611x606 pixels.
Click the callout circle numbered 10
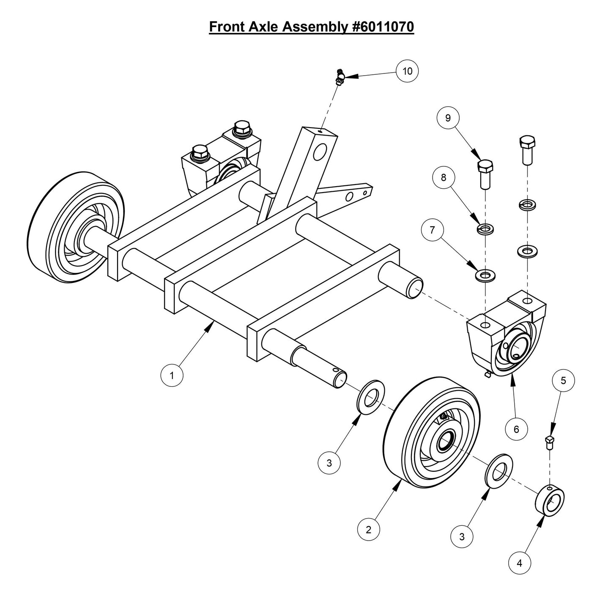click(x=407, y=71)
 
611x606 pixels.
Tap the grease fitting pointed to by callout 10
click(x=339, y=76)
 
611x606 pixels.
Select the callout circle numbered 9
click(x=448, y=118)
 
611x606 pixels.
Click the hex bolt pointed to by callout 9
click(x=485, y=174)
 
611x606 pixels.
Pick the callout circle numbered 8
click(x=443, y=177)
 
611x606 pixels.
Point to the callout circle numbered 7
click(x=432, y=230)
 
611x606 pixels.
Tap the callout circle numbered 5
click(x=563, y=380)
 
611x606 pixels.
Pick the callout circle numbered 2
click(x=368, y=530)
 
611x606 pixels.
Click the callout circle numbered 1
click(x=172, y=375)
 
